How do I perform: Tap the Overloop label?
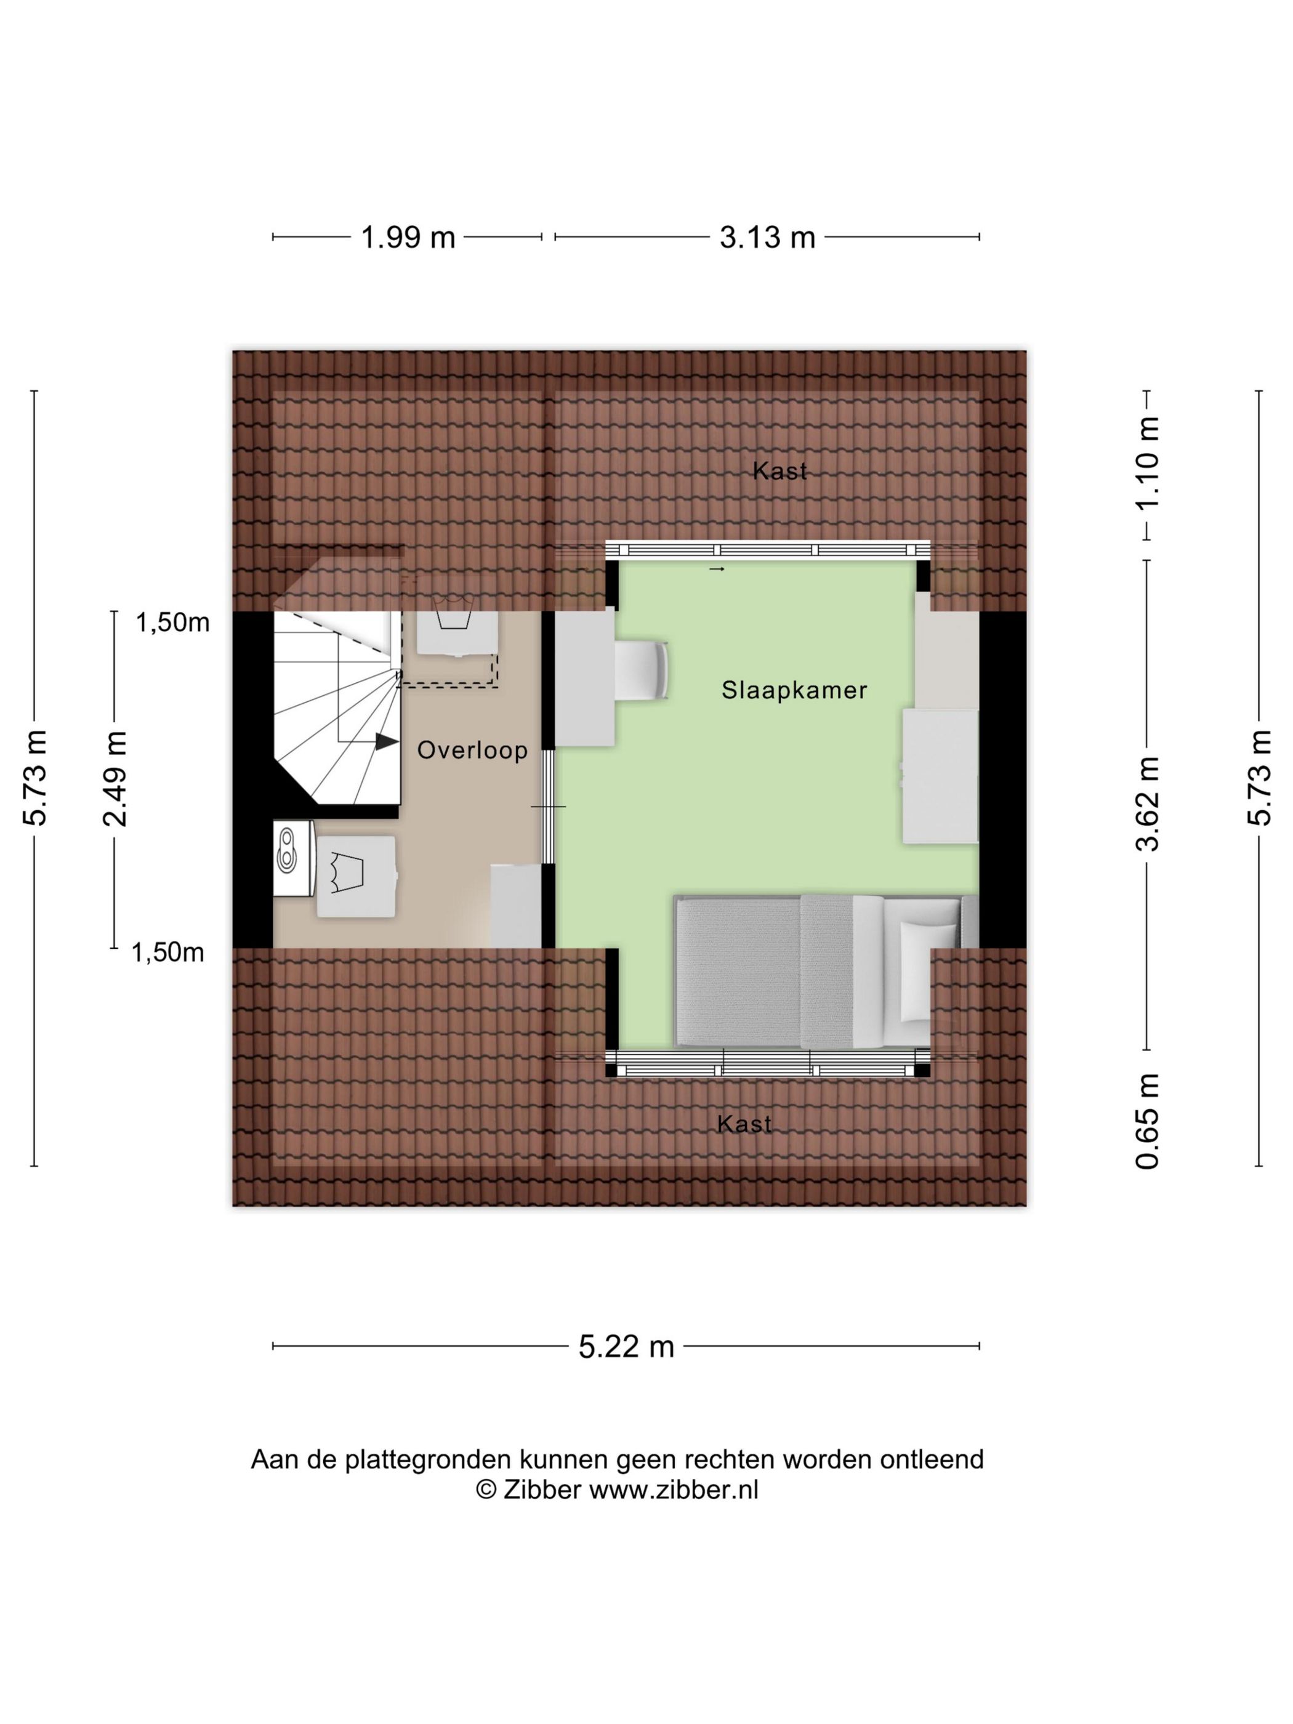pyautogui.click(x=472, y=751)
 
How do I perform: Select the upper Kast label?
pyautogui.click(x=779, y=471)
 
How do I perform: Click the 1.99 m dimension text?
pyautogui.click(x=408, y=237)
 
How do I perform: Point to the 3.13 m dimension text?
pyautogui.click(x=767, y=237)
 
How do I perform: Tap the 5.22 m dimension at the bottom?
pyautogui.click(x=626, y=1347)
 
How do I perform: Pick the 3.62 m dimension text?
pyautogui.click(x=1147, y=804)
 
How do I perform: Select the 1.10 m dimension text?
pyautogui.click(x=1147, y=463)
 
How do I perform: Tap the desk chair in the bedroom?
pyautogui.click(x=642, y=669)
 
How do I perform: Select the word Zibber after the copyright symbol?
pyautogui.click(x=542, y=1489)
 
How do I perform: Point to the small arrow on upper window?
pyautogui.click(x=716, y=569)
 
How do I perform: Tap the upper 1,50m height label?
pyautogui.click(x=173, y=622)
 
